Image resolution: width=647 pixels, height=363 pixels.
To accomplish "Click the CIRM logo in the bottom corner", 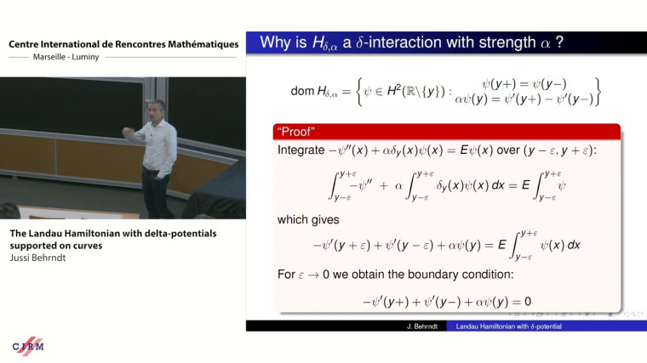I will (28, 345).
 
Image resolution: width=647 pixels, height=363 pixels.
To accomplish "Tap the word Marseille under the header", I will (58, 58).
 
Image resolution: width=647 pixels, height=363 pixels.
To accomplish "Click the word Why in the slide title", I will (278, 42).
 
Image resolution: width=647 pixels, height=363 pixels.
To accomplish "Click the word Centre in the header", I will (26, 44).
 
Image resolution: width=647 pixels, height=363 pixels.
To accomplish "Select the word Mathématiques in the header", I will (198, 44).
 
